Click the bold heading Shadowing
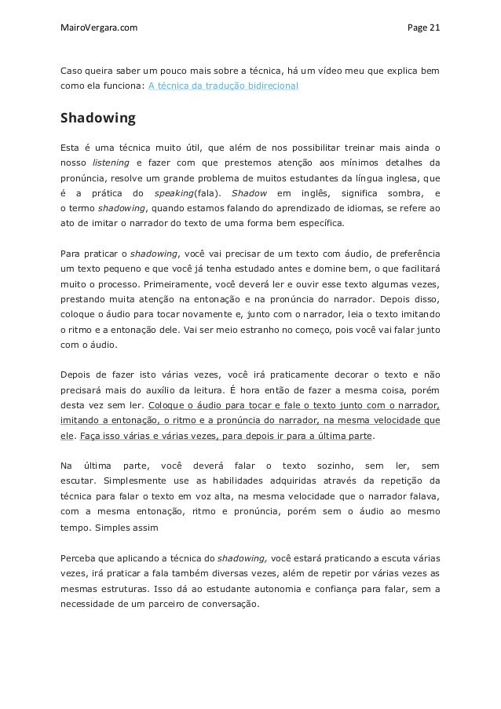coord(98,119)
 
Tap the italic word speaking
coord(176,193)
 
